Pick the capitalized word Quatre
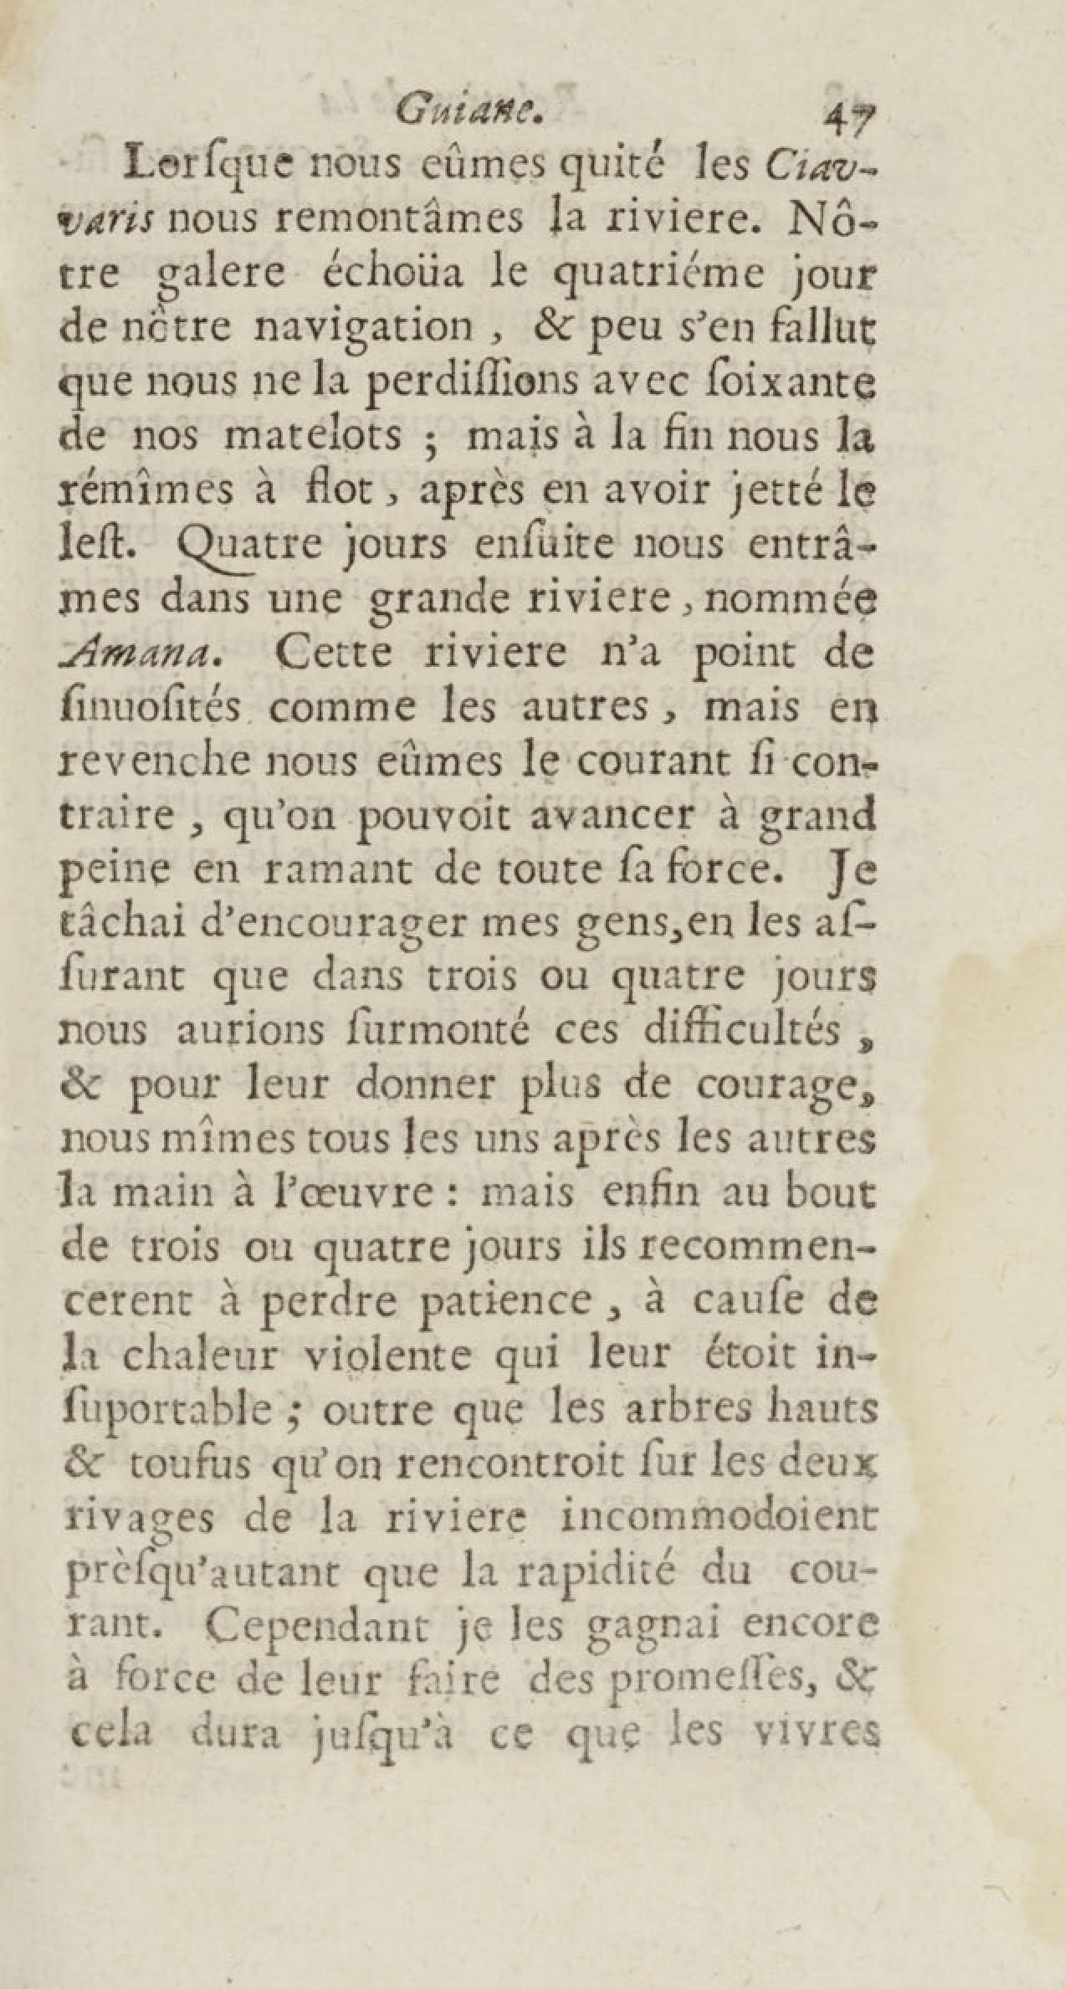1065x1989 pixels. pos(243,546)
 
